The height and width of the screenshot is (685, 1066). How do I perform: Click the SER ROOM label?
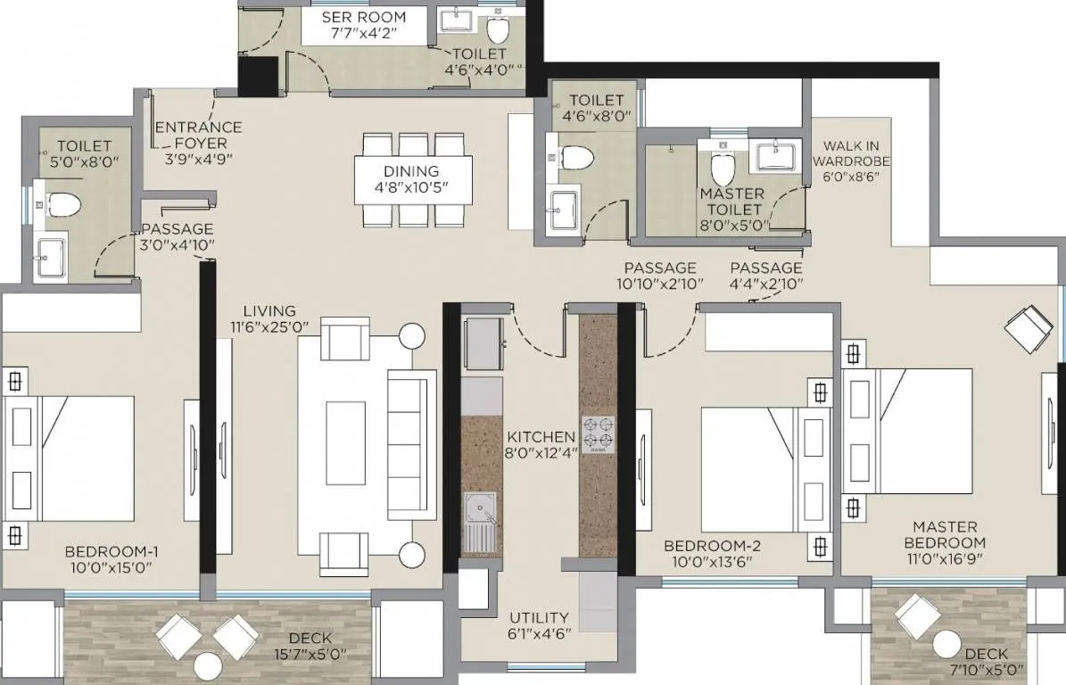tap(363, 17)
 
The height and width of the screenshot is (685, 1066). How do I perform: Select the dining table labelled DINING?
tap(412, 179)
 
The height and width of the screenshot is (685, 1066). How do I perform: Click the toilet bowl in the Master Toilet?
tap(721, 168)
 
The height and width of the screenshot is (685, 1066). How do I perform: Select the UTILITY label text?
tap(539, 617)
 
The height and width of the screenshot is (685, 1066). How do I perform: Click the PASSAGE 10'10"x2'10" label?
tap(660, 276)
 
